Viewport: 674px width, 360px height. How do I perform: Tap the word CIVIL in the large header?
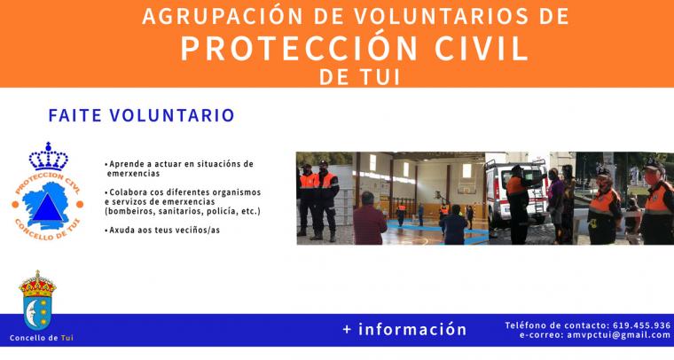click(x=482, y=48)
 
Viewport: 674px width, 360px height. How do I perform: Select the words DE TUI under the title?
click(x=360, y=77)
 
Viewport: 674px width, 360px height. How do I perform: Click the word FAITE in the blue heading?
click(x=74, y=115)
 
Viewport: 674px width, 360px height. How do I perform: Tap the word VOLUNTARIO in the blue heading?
click(x=172, y=115)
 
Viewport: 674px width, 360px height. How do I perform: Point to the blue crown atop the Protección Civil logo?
click(x=48, y=156)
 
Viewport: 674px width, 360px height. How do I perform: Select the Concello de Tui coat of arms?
click(x=37, y=301)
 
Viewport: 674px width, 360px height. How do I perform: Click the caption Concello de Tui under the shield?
click(x=42, y=338)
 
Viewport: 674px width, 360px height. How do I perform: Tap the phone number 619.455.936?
click(x=641, y=325)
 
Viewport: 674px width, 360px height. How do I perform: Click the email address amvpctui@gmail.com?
click(x=618, y=335)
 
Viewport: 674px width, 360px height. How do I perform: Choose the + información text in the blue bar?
click(x=404, y=329)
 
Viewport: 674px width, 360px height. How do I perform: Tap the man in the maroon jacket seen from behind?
click(x=369, y=219)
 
